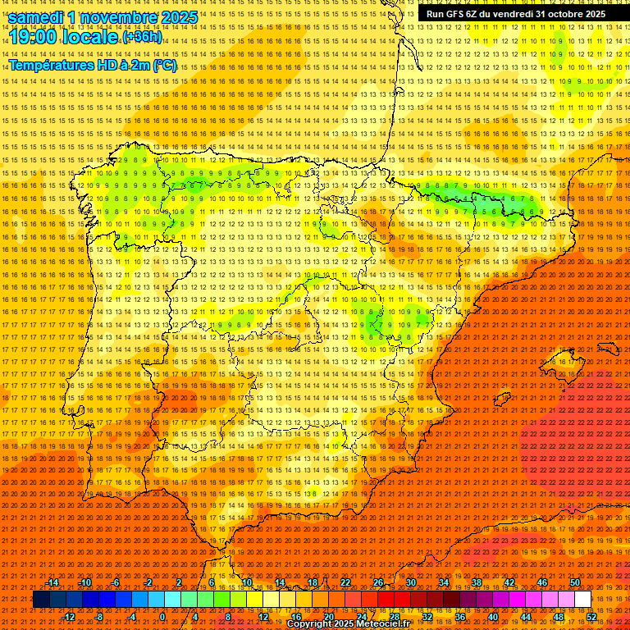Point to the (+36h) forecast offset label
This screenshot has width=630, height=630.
[x=142, y=38]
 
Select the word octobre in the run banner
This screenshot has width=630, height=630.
[x=564, y=14]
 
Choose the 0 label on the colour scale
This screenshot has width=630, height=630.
[x=162, y=617]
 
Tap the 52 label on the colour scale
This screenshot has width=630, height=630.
[x=591, y=617]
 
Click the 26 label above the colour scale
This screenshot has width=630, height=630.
[x=378, y=582]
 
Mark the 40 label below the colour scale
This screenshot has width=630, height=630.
[x=493, y=617]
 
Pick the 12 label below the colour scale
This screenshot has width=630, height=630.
[x=262, y=617]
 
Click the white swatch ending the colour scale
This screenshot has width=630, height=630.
[x=582, y=600]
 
